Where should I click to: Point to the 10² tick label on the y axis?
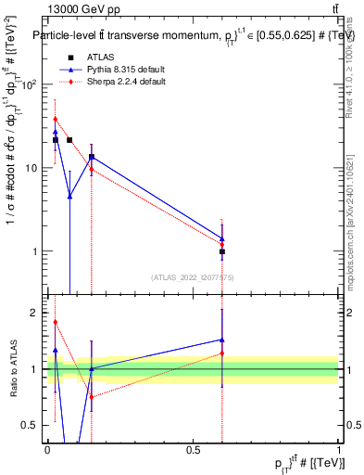[30, 84]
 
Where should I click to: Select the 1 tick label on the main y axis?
[34, 251]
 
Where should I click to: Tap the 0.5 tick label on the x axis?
[193, 448]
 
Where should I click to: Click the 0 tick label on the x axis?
[47, 448]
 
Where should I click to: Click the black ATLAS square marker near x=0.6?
[222, 251]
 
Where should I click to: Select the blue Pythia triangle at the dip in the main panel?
[69, 196]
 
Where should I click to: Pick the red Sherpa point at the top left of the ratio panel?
[56, 322]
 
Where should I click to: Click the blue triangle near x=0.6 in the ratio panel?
[222, 340]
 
